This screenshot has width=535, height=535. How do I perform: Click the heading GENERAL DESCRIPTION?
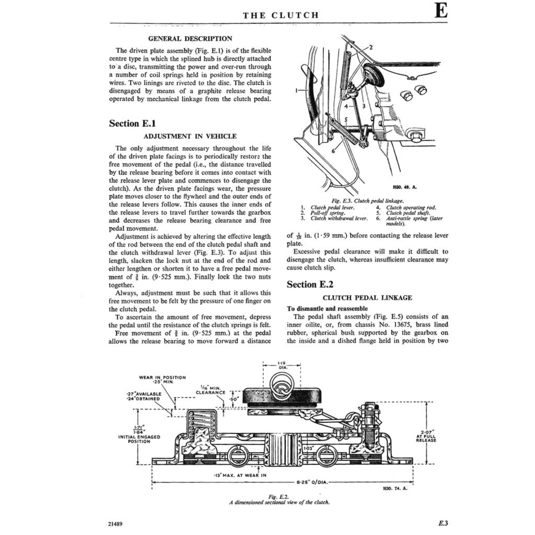pyautogui.click(x=190, y=38)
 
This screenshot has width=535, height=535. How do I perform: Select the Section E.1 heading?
pyautogui.click(x=132, y=123)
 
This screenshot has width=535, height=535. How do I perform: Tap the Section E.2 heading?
pyautogui.click(x=311, y=285)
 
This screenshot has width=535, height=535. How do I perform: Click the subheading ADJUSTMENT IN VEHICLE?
pyautogui.click(x=190, y=136)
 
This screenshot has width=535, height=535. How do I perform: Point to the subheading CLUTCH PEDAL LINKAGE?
pyautogui.click(x=367, y=298)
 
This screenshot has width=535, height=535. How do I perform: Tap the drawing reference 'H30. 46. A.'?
pyautogui.click(x=403, y=187)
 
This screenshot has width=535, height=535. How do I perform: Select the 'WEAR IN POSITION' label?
pyautogui.click(x=162, y=377)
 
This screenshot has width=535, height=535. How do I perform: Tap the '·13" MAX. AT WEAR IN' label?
pyautogui.click(x=240, y=475)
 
